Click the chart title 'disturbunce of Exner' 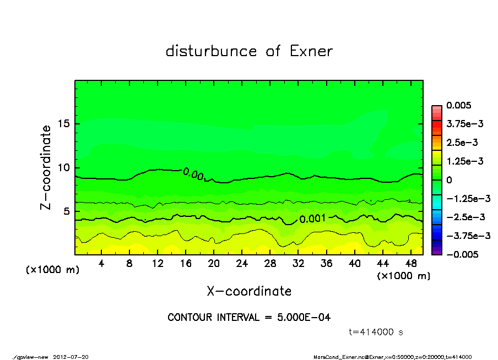(249, 51)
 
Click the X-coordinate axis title (249, 291)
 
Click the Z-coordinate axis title (46, 167)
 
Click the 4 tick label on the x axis (101, 263)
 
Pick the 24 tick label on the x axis (242, 263)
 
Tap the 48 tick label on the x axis (410, 263)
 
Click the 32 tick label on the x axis (298, 263)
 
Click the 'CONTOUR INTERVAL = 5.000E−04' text (249, 318)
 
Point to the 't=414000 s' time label (376, 332)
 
